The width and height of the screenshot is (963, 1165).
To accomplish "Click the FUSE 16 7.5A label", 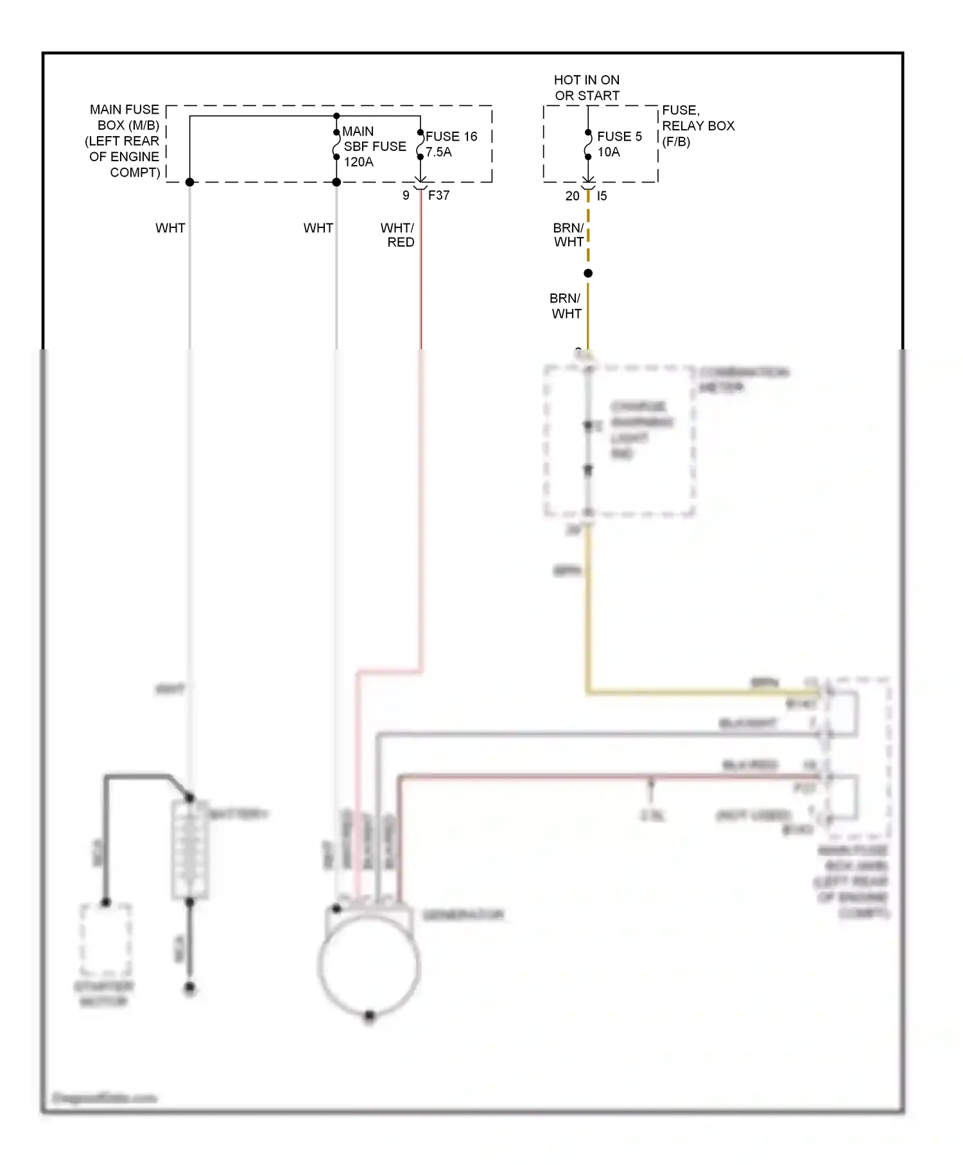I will click(x=451, y=145).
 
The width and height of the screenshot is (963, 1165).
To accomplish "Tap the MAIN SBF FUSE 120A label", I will click(x=374, y=146).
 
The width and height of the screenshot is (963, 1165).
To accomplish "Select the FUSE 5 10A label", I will click(x=619, y=145).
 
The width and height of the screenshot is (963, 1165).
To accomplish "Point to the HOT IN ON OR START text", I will click(x=587, y=88).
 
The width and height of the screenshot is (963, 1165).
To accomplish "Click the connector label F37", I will click(x=439, y=195).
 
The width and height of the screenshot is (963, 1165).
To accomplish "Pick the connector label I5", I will click(x=602, y=196).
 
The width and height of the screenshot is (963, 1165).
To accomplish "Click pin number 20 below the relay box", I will click(x=572, y=196).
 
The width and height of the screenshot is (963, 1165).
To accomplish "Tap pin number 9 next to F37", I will click(x=406, y=195).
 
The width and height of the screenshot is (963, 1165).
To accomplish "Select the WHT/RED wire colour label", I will click(x=398, y=235).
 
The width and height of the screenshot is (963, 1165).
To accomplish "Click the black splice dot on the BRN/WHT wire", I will click(x=588, y=274).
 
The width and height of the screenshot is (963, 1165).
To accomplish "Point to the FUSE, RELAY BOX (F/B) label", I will click(x=698, y=126).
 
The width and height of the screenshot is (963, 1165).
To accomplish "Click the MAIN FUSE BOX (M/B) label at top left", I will click(x=123, y=141).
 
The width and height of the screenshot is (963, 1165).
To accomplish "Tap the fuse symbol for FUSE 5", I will click(x=588, y=145).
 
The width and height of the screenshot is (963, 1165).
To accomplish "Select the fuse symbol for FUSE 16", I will click(x=421, y=145).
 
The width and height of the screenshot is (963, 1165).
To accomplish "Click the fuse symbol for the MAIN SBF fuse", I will click(x=336, y=145).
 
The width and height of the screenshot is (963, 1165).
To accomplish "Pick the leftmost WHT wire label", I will click(x=170, y=228).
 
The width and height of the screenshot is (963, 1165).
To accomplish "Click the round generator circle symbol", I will click(x=369, y=966).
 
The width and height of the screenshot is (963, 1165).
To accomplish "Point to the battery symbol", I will click(x=190, y=850).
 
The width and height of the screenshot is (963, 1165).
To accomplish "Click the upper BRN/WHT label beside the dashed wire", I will click(x=569, y=235).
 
